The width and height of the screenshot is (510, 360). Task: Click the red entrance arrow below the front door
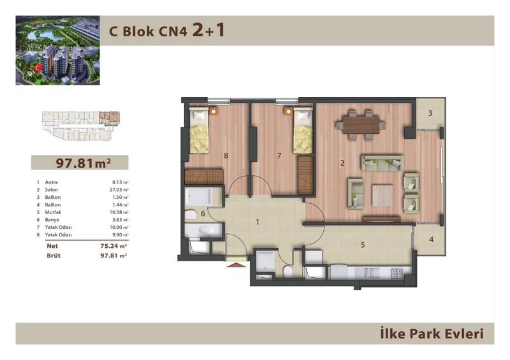pyautogui.click(x=236, y=264)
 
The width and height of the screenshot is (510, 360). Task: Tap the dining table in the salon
pyautogui.click(x=361, y=125)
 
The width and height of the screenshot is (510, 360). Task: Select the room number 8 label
pyautogui.click(x=226, y=155)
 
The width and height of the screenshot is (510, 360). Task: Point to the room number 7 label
pyautogui.click(x=279, y=155)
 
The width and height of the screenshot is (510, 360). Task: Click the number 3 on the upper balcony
pyautogui.click(x=430, y=113)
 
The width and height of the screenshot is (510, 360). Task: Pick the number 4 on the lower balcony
pyautogui.click(x=432, y=240)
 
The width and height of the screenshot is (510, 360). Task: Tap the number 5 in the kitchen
pyautogui.click(x=363, y=245)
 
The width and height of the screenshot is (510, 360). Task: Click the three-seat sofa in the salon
pyautogui.click(x=382, y=163)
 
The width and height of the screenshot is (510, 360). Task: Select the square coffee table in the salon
pyautogui.click(x=383, y=196)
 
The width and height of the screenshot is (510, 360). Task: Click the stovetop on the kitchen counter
pyautogui.click(x=397, y=273)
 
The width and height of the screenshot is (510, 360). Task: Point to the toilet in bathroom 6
pyautogui.click(x=191, y=215)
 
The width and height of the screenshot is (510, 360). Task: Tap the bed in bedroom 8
pyautogui.click(x=199, y=131)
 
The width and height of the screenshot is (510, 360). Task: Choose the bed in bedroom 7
pyautogui.click(x=303, y=131)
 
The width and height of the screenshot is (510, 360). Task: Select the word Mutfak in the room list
pyautogui.click(x=53, y=212)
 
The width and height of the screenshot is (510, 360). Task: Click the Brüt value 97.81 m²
pyautogui.click(x=113, y=256)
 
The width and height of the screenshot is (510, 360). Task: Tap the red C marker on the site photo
pyautogui.click(x=38, y=68)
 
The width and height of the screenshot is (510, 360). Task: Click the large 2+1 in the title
pyautogui.click(x=208, y=30)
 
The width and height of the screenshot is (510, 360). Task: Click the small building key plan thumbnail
pyautogui.click(x=81, y=126)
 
